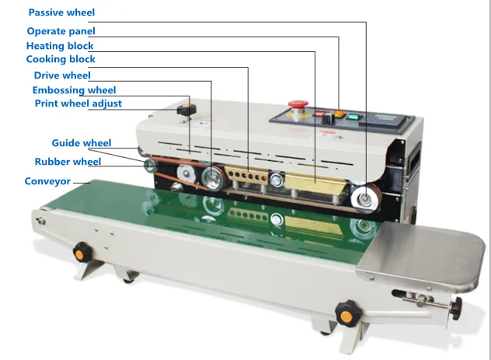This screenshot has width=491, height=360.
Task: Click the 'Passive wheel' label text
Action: click(x=61, y=13)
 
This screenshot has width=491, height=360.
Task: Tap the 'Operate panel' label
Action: click(x=61, y=31)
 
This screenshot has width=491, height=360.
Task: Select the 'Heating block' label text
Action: click(x=60, y=46)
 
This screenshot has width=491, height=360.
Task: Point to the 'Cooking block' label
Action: click(x=61, y=59)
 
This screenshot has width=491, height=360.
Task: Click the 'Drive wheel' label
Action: click(x=61, y=75)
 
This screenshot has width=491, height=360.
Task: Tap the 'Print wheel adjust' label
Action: click(x=78, y=103)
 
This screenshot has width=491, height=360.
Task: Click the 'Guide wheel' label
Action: click(x=82, y=143)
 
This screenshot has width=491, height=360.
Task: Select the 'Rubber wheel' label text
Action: click(x=68, y=162)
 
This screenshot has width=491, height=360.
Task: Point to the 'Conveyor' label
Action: click(x=47, y=181)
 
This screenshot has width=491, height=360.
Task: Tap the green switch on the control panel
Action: click(x=353, y=118)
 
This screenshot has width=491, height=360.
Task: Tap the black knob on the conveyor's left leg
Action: click(x=80, y=251)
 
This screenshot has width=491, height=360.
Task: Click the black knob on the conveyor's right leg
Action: click(x=346, y=314)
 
